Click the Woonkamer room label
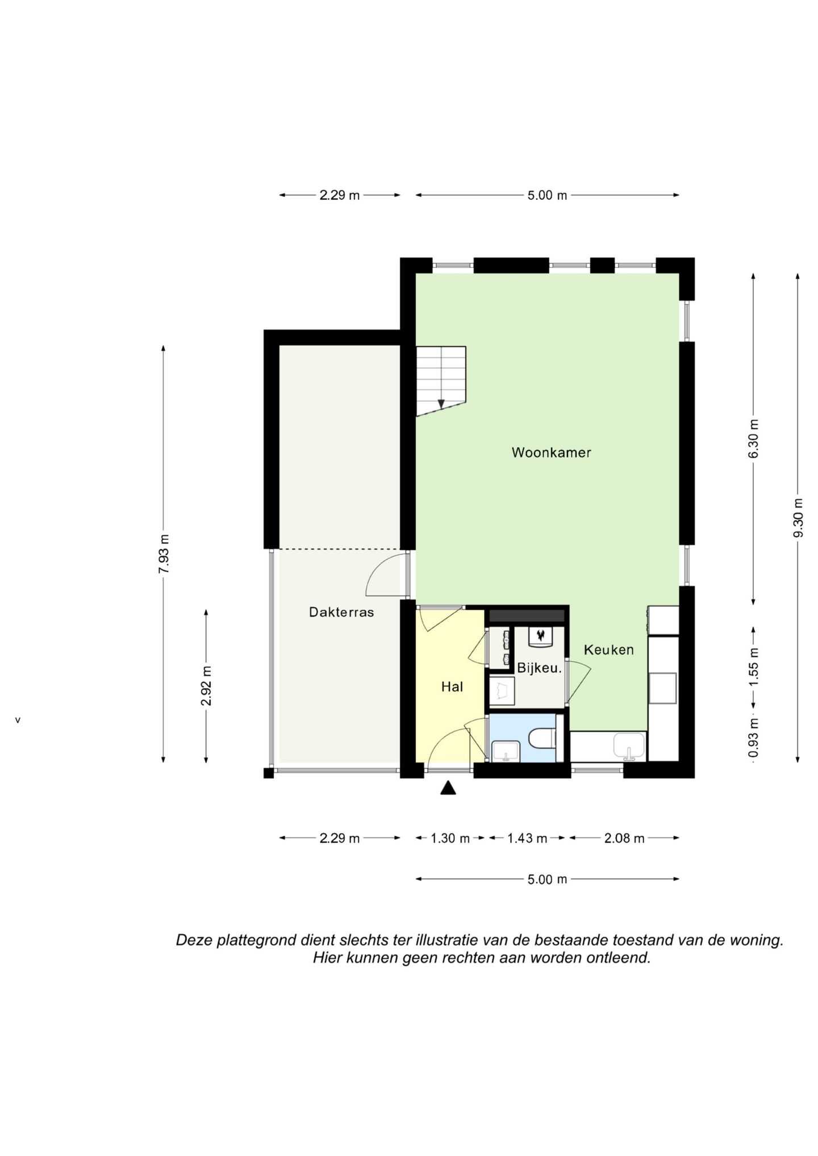click(551, 453)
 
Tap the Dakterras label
click(341, 612)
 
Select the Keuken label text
click(609, 650)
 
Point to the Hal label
click(452, 686)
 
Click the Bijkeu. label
click(539, 668)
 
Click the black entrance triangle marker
click(448, 788)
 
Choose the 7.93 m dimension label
click(164, 554)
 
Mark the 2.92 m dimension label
click(206, 686)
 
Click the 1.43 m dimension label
click(527, 838)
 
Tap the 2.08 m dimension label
click(624, 838)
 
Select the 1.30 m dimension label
click(450, 838)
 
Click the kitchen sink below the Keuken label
click(629, 745)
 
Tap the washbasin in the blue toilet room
click(506, 751)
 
